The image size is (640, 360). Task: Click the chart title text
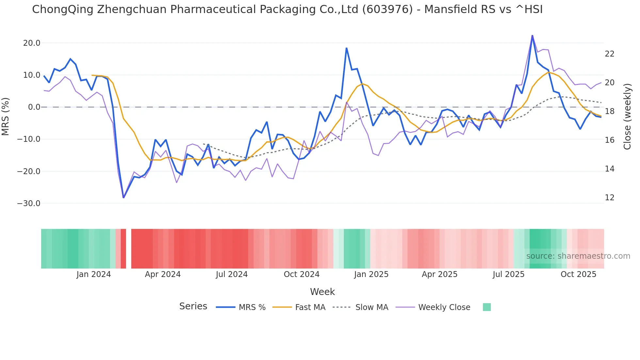[x=287, y=9]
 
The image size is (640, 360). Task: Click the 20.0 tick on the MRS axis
[x=32, y=43]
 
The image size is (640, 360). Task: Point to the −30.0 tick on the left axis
[x=29, y=204]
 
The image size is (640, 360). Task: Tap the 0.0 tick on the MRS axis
[x=34, y=107]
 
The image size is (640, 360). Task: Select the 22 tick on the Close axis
[x=610, y=54]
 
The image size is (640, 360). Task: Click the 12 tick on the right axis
[x=610, y=198]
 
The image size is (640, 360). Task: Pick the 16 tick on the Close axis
[x=610, y=140]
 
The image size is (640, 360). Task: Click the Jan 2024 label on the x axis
[x=94, y=274]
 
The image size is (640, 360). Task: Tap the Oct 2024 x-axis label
[x=301, y=274]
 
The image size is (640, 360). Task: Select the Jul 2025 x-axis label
[x=508, y=274]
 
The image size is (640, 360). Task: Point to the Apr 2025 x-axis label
[x=440, y=274]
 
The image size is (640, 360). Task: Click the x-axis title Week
[x=322, y=292]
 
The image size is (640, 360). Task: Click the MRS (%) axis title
[x=6, y=116]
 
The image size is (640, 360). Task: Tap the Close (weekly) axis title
[x=627, y=116]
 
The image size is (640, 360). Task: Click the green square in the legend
[x=487, y=307]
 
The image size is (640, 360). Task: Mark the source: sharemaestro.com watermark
[x=578, y=256]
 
